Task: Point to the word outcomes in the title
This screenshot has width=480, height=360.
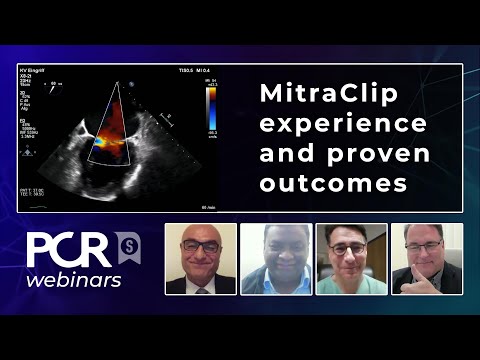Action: coord(319,185)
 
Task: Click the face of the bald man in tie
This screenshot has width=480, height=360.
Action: coord(200,250)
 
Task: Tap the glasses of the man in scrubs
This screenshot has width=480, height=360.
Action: coord(351,246)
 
